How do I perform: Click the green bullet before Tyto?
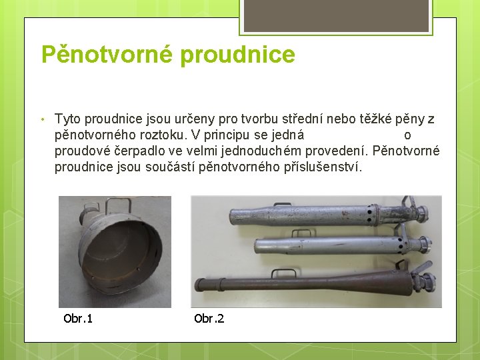(41, 120)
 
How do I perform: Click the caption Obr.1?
(78, 318)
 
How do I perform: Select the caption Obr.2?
(209, 318)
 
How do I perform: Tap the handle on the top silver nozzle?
(285, 201)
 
